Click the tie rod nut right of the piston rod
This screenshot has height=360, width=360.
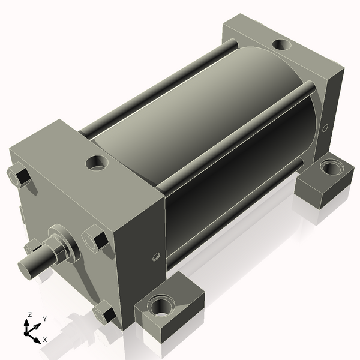[95, 239]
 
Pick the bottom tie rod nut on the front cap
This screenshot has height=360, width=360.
[106, 313]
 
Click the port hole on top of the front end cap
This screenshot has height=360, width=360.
[97, 163]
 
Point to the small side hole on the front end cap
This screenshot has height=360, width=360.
[156, 256]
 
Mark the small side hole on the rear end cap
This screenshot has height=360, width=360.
[325, 128]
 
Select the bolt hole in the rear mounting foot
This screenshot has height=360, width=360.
[329, 167]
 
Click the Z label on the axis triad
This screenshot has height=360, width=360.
[29, 315]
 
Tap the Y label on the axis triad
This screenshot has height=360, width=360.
[44, 320]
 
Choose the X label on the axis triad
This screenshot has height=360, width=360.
[44, 340]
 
